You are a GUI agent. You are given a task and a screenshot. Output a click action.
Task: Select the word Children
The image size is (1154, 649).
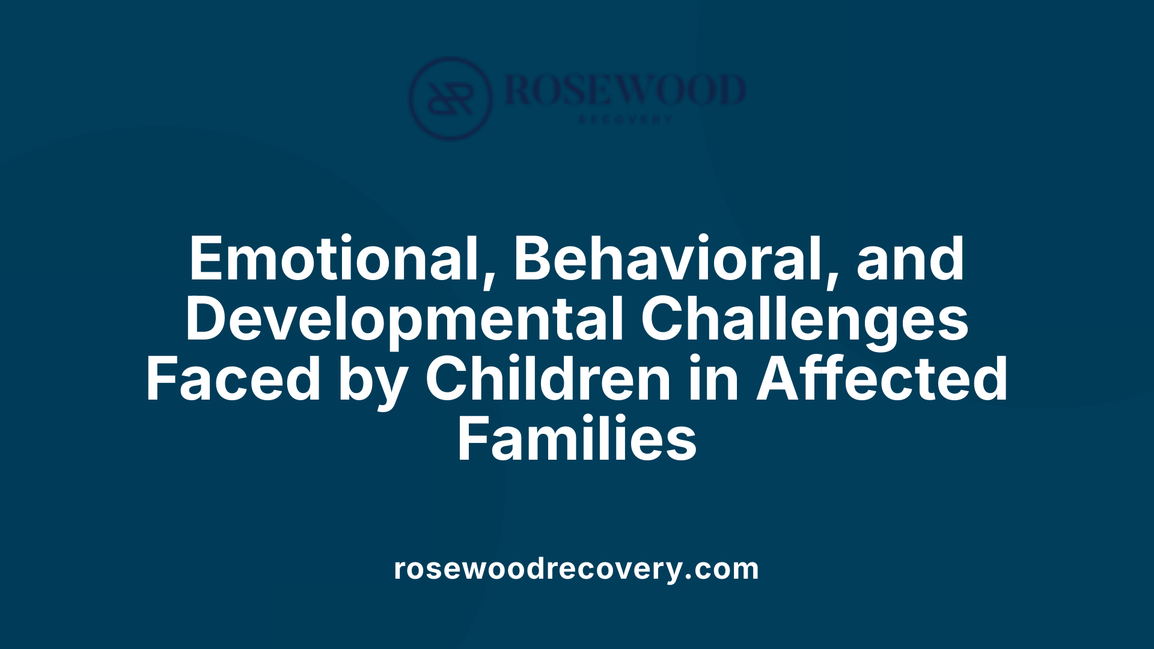click(x=548, y=379)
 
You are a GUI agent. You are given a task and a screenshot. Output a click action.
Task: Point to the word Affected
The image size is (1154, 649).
click(x=882, y=379)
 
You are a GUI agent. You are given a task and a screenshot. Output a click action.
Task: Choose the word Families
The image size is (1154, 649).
click(x=577, y=439)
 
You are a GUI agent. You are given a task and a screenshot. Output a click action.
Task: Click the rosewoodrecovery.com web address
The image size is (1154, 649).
click(x=576, y=568)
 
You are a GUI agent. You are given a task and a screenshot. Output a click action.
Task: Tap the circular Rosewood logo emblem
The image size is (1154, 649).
click(x=450, y=99)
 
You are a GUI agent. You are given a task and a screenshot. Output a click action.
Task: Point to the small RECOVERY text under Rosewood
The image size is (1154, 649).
click(x=624, y=120)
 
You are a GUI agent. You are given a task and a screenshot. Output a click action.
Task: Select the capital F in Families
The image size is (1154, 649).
click(x=472, y=439)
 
